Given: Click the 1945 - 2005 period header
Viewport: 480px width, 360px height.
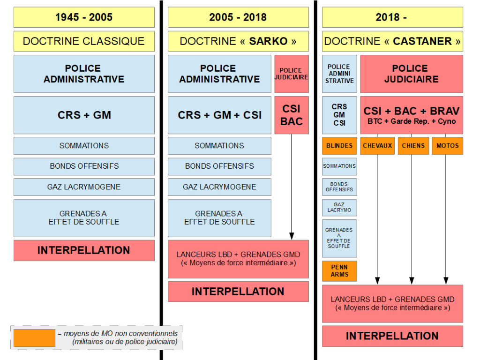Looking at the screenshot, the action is [84, 17].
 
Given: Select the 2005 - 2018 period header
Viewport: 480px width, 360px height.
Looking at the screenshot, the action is [238, 17].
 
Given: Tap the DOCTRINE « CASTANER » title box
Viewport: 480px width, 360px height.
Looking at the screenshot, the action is [392, 41].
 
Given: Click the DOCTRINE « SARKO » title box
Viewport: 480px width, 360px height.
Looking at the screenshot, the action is [238, 41].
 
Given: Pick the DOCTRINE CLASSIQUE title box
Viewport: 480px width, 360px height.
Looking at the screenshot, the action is [84, 41].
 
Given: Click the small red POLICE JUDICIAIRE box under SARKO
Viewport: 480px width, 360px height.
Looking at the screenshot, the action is [292, 74].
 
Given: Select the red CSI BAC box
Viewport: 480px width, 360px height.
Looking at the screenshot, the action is [292, 115].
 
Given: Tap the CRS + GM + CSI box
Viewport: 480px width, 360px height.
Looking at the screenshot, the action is [219, 115].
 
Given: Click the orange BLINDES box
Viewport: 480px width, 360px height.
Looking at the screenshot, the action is [339, 146].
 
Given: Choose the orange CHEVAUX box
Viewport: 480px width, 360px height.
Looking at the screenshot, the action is [377, 146].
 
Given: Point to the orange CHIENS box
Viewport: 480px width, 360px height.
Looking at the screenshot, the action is [413, 146].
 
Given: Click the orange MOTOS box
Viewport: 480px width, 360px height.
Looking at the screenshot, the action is [447, 146].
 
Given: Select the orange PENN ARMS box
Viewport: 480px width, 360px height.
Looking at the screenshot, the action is [339, 271].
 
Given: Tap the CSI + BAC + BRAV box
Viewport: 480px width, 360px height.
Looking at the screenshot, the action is [412, 115].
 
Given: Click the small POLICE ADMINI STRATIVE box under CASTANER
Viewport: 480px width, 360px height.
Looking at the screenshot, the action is [339, 74].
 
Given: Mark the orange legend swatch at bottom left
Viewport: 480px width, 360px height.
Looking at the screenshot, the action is [34, 338].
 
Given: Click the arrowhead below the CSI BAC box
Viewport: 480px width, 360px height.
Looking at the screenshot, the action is [292, 236].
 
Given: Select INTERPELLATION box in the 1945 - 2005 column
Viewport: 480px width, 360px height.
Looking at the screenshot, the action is [84, 250].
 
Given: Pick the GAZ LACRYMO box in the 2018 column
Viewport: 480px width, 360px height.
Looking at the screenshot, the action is [339, 208].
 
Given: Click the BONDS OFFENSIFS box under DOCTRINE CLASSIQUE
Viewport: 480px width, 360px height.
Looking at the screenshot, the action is [84, 166].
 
